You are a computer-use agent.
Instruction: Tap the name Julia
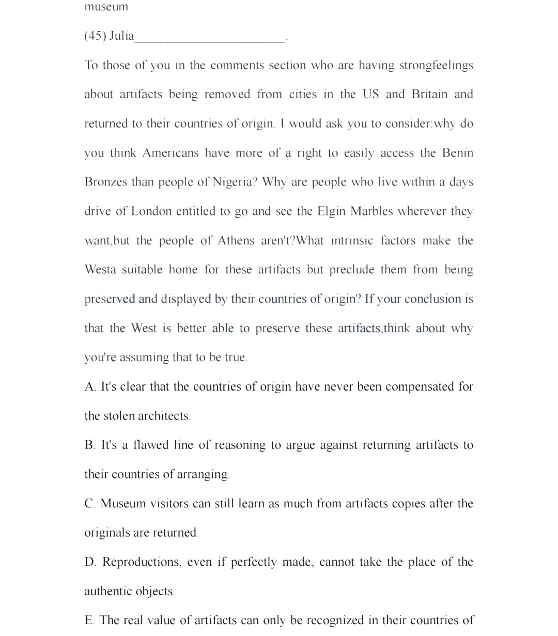(x=121, y=36)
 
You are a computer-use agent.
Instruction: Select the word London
(x=151, y=211)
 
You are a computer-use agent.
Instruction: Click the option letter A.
(x=90, y=387)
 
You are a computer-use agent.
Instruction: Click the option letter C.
(x=90, y=504)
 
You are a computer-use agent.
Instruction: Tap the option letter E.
(x=89, y=621)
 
